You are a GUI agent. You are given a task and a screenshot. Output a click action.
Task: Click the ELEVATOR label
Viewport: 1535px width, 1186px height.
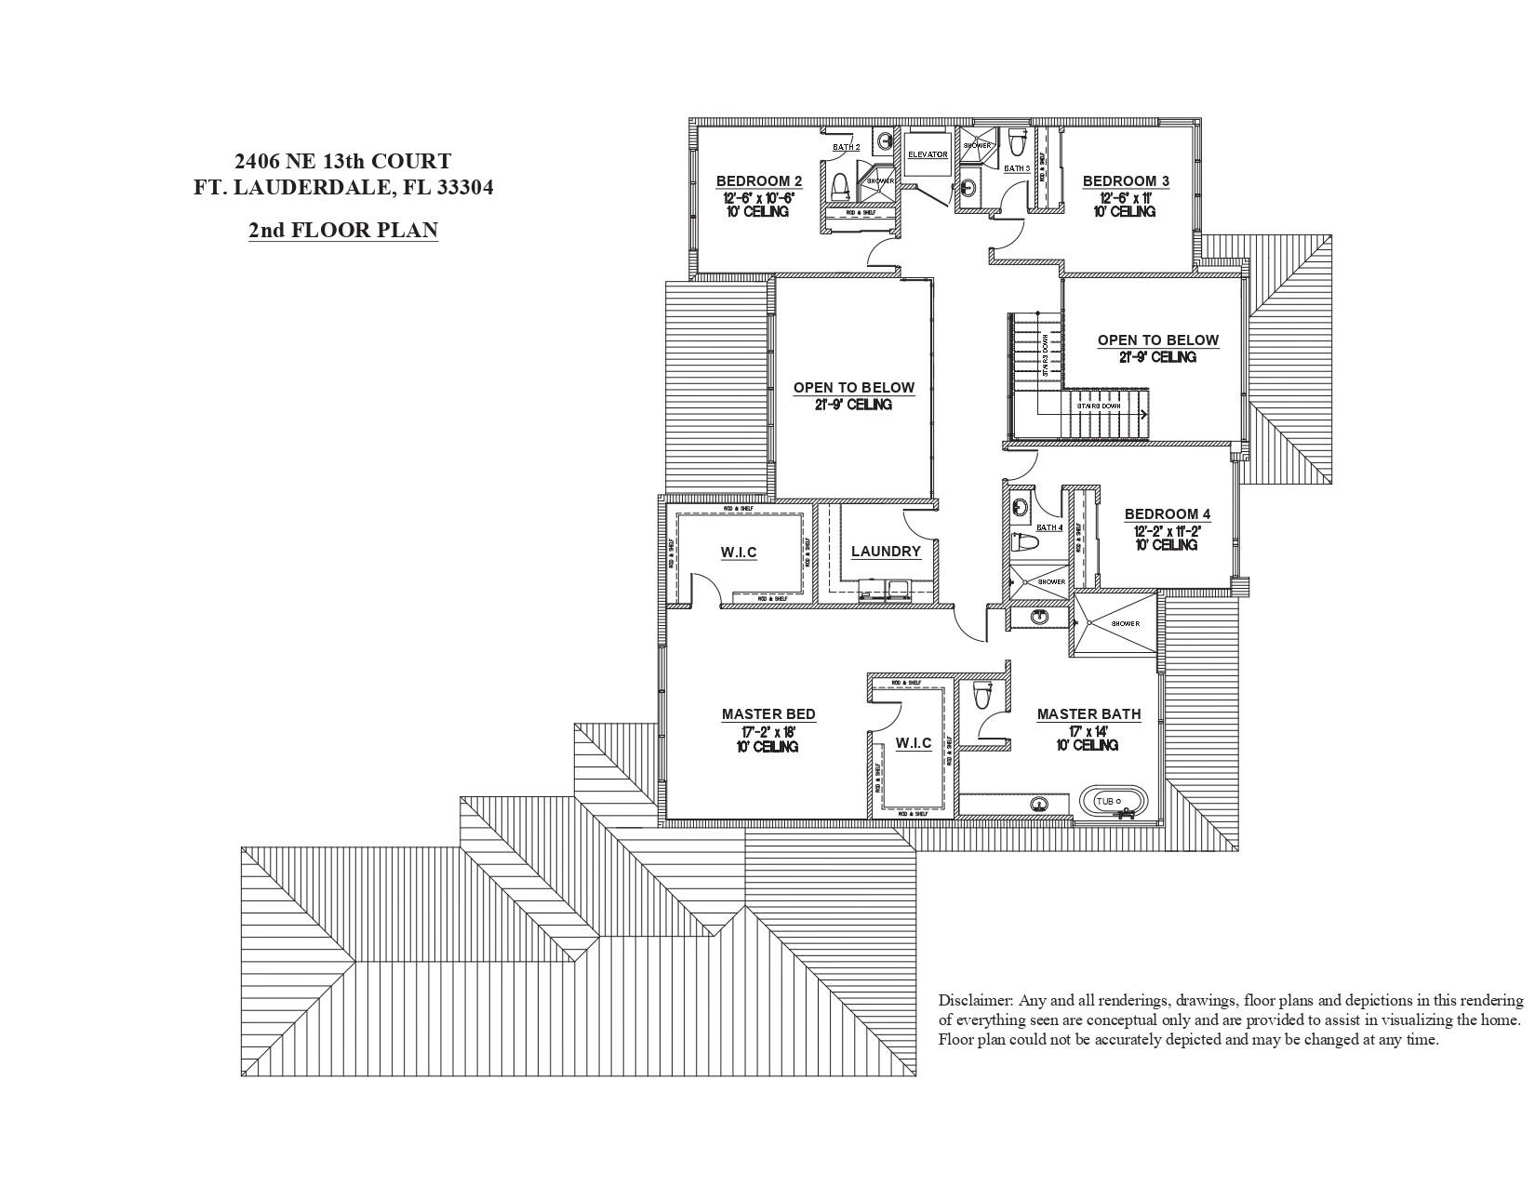(x=928, y=154)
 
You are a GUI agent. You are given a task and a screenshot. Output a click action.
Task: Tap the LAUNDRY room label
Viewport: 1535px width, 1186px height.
(x=886, y=552)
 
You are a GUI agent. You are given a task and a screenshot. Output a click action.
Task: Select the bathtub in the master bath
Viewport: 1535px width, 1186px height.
(x=1114, y=801)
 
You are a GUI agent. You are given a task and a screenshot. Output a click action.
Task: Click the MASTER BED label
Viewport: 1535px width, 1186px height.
(x=768, y=714)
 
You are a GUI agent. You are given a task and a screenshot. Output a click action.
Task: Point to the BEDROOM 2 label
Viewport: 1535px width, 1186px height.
(x=758, y=180)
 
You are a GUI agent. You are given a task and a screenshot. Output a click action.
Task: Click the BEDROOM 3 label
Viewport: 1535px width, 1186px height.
(x=1126, y=180)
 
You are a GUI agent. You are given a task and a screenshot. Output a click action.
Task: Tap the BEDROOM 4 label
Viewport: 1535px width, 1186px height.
(x=1168, y=513)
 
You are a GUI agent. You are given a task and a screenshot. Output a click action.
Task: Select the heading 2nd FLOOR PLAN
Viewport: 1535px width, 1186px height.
(x=342, y=230)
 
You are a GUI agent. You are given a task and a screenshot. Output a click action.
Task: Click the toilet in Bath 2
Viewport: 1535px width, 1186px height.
(x=840, y=187)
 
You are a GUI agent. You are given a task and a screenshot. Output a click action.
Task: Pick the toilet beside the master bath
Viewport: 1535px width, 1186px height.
(x=982, y=695)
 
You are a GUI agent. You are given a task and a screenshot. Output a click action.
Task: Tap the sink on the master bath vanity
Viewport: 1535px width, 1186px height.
(x=1039, y=804)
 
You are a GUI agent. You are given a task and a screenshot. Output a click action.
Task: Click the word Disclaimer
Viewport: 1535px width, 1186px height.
(x=975, y=1001)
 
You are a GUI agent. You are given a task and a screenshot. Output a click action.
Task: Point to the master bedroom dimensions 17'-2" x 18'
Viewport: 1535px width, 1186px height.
(x=768, y=731)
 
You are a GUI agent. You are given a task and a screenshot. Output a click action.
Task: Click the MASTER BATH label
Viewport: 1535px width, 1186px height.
(x=1088, y=714)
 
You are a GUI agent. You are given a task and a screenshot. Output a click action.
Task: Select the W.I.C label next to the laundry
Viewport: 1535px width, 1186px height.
(x=739, y=553)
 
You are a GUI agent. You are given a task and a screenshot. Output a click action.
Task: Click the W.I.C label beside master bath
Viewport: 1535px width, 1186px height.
(x=914, y=743)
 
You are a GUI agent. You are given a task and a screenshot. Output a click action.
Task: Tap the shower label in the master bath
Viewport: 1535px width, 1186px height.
(x=1125, y=623)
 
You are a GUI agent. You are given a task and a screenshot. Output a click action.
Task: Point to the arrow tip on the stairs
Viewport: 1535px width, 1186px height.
(x=1143, y=414)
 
